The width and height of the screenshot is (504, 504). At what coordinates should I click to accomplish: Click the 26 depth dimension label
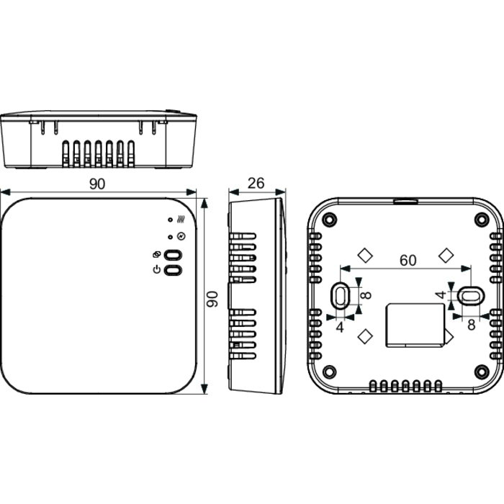256,183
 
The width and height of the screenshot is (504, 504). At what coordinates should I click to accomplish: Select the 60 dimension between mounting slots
408,261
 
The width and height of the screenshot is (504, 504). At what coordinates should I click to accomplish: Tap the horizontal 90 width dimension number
97,183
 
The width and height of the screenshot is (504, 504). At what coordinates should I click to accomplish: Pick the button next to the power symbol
174,269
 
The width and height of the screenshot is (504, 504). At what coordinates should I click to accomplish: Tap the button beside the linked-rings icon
174,255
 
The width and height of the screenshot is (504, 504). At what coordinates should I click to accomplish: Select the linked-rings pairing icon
158,255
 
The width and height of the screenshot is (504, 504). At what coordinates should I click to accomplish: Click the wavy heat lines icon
180,220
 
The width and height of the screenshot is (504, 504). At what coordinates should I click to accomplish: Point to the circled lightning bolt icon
180,236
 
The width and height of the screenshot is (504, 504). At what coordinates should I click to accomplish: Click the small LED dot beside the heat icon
169,220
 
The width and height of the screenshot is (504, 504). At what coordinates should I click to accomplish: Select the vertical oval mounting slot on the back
339,294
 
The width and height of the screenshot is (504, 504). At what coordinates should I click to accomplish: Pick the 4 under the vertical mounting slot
339,326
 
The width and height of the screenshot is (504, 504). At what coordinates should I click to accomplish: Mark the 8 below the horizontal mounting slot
472,325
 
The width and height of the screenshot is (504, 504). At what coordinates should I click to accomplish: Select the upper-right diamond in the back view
446,254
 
